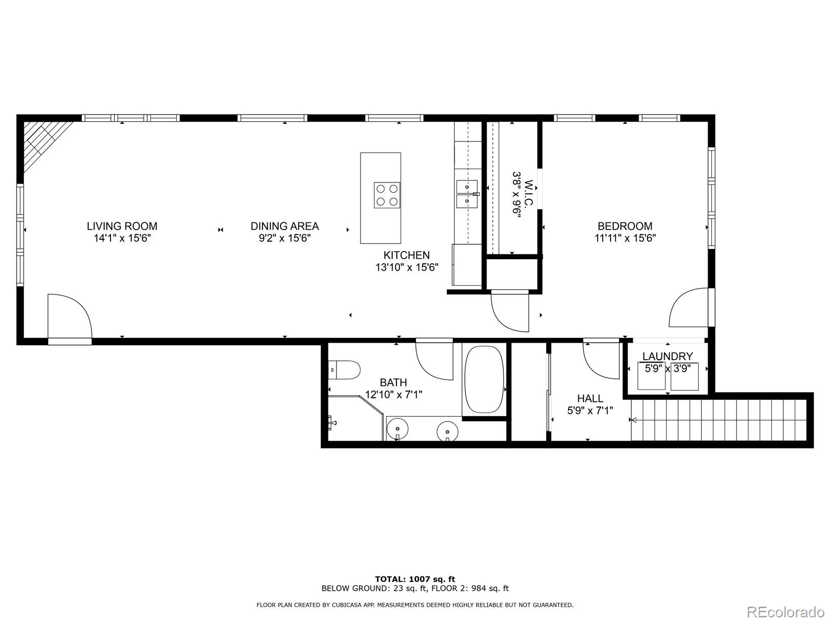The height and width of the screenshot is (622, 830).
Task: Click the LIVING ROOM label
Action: pos(122,226)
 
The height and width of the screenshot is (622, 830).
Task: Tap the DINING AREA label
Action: pos(284,226)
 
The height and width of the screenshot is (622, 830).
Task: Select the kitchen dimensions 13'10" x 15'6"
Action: pos(407,267)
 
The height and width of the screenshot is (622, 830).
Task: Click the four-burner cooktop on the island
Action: pos(387,195)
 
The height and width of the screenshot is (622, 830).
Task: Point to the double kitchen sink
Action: pos(467,193)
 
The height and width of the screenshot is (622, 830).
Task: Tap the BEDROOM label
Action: pos(625,226)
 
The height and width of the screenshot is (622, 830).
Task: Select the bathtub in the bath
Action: pos(483,379)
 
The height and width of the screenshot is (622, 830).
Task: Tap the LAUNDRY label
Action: pos(667,356)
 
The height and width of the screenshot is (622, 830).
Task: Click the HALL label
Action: pos(590,398)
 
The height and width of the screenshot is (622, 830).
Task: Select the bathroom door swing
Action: pos(434,360)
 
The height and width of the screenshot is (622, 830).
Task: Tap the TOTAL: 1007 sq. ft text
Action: pos(415,579)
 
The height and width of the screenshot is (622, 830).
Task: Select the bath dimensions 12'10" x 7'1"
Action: pos(393,394)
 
